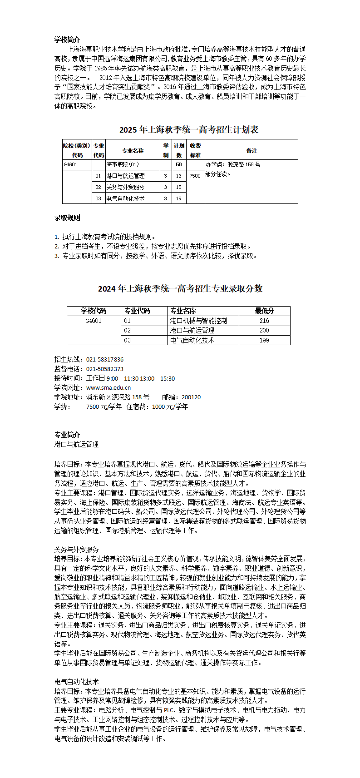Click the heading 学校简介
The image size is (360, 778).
[x=67, y=40]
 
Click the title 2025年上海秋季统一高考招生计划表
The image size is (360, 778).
[x=189, y=129]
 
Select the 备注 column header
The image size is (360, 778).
[x=252, y=150]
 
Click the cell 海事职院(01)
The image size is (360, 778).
[x=123, y=164]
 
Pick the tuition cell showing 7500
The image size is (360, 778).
[x=195, y=176]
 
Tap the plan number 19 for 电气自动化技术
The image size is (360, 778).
[x=179, y=198]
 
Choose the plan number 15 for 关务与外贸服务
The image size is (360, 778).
[x=179, y=187]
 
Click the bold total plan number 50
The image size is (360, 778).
[x=179, y=164]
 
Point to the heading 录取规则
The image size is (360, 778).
[x=67, y=218]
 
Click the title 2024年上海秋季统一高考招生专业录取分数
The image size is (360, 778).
[x=180, y=288]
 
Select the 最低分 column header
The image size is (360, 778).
[x=264, y=311]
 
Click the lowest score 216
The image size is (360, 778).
[x=264, y=321]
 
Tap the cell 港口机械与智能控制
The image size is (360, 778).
[x=198, y=321]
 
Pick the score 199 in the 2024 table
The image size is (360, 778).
[x=264, y=340]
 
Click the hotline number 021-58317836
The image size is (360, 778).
[x=105, y=359]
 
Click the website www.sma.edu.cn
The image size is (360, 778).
[x=108, y=387]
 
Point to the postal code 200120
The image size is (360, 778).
[x=191, y=397]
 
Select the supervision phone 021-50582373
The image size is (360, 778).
[x=105, y=369]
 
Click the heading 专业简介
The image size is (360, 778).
[x=67, y=435]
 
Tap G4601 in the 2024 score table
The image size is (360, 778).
[x=94, y=321]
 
